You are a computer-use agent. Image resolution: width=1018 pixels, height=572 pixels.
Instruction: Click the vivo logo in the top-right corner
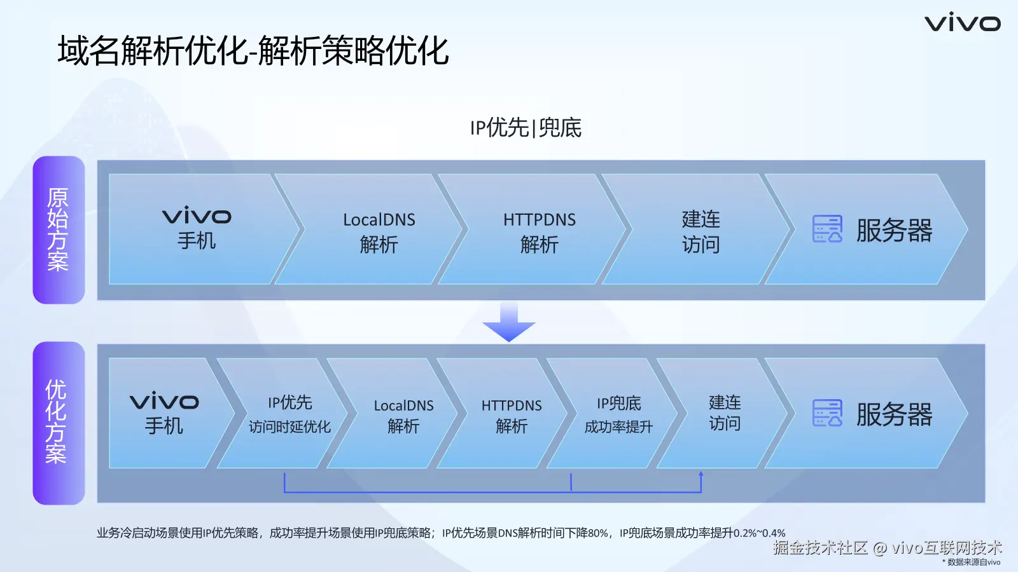click(963, 24)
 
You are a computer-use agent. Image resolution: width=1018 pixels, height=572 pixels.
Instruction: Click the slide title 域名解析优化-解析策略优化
click(254, 51)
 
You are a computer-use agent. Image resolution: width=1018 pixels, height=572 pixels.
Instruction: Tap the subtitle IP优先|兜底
click(526, 128)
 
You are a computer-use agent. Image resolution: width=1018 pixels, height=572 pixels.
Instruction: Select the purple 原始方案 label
click(59, 229)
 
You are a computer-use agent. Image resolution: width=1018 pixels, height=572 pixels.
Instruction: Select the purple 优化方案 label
click(59, 423)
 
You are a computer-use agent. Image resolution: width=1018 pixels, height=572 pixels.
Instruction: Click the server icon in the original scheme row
click(827, 229)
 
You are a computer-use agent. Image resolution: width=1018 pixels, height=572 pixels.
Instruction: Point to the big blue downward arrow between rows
click(509, 322)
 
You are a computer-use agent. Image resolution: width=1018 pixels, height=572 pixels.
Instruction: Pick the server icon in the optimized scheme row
click(827, 413)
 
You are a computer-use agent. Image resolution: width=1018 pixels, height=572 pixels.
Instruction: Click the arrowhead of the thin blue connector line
click(701, 474)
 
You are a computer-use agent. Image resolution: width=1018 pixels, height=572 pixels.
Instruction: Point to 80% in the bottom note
click(598, 533)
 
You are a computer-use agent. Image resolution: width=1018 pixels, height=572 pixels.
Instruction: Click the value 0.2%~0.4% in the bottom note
click(760, 533)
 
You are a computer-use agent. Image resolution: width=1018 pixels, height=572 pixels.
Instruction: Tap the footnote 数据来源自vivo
click(973, 562)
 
